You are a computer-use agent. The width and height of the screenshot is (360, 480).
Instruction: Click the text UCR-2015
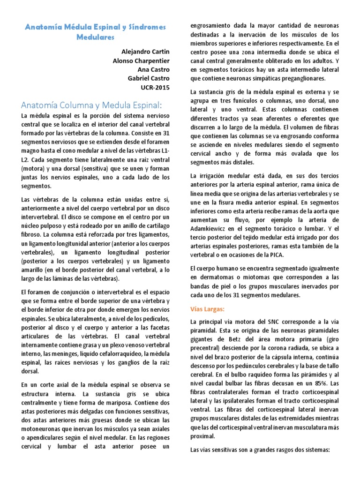(154, 88)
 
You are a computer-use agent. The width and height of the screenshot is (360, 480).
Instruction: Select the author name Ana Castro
(153, 70)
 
